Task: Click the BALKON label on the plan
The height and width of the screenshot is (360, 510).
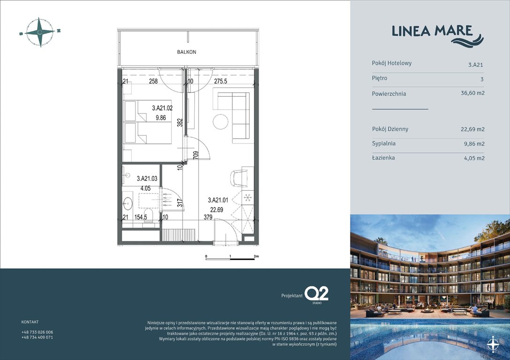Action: coord(186,52)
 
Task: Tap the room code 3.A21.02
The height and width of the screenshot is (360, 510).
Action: coord(162,108)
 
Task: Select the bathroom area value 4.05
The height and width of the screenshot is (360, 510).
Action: coord(145,188)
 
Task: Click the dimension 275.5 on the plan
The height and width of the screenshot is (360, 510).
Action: coord(221,81)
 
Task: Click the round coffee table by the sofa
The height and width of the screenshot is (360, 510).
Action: coord(221,122)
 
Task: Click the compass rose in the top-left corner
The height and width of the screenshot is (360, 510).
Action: coord(40,32)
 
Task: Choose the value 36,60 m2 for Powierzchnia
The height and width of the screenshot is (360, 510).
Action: coord(472,93)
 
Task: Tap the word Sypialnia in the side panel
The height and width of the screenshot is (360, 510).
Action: coord(383,143)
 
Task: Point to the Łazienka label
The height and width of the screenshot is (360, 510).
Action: coord(383,158)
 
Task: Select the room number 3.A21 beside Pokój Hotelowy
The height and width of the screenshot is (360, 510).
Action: coord(475,65)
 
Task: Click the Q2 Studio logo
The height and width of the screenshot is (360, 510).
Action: coord(316,294)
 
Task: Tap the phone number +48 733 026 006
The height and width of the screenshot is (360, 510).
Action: coord(37,332)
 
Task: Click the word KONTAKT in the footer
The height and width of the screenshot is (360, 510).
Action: coord(30,322)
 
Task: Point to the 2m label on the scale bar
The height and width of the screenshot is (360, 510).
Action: coord(256,256)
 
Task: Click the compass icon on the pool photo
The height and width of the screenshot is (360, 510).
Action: coord(493,345)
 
